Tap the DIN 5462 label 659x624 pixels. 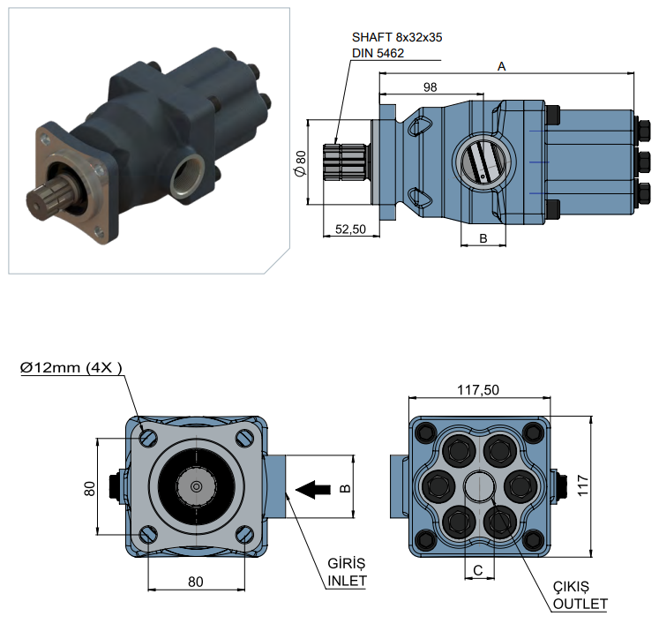pyautogui.click(x=378, y=53)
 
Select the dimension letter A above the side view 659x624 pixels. pyautogui.click(x=502, y=66)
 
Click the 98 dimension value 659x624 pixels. pyautogui.click(x=431, y=86)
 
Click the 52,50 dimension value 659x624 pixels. pyautogui.click(x=350, y=229)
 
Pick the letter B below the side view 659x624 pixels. pyautogui.click(x=483, y=237)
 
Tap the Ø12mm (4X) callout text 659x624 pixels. pyautogui.click(x=71, y=366)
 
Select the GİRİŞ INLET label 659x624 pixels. pyautogui.click(x=346, y=572)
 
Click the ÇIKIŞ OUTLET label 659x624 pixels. pyautogui.click(x=580, y=595)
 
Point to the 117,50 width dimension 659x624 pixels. pyautogui.click(x=478, y=388)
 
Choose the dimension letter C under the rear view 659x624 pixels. pyautogui.click(x=478, y=570)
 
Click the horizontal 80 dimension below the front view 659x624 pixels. pyautogui.click(x=196, y=581)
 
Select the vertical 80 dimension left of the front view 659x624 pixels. pyautogui.click(x=89, y=487)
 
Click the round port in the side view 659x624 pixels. pyautogui.click(x=482, y=162)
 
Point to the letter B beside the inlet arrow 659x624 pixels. pyautogui.click(x=346, y=487)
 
